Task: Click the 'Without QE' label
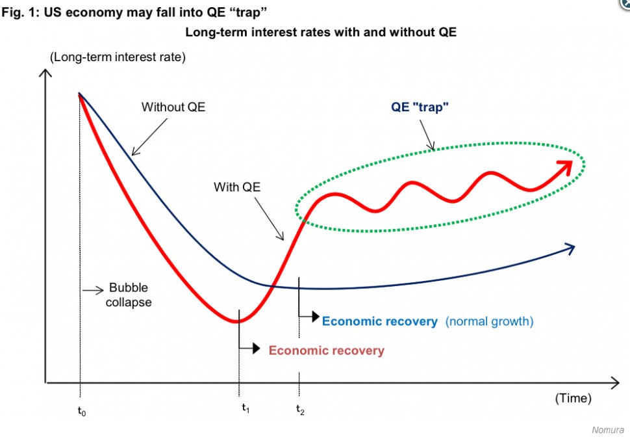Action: (x=173, y=107)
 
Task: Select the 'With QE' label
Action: (x=237, y=187)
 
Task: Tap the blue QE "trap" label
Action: (x=420, y=108)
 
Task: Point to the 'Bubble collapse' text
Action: (x=129, y=295)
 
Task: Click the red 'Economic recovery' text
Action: (x=326, y=351)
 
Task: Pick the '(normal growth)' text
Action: (x=489, y=321)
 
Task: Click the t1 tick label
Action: (x=246, y=409)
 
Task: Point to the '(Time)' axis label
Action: (x=573, y=398)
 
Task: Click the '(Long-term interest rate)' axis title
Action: (x=118, y=57)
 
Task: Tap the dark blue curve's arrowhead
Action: (x=570, y=247)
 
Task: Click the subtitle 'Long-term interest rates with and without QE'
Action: (x=321, y=32)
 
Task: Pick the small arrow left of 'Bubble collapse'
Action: (x=94, y=289)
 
